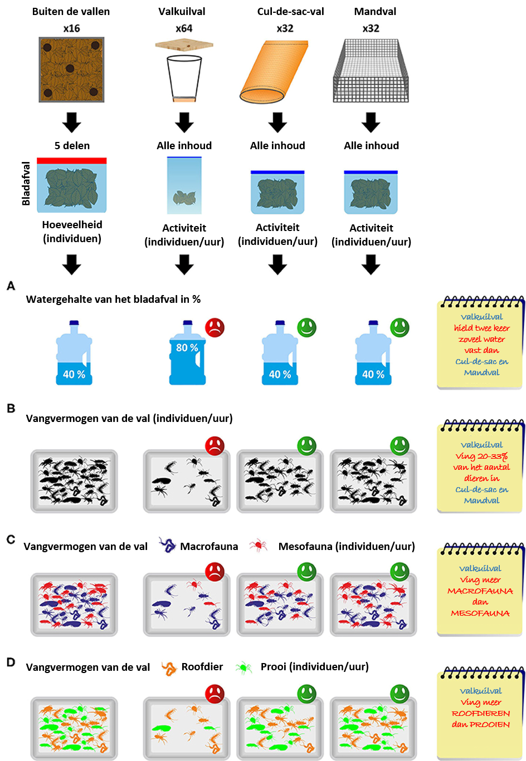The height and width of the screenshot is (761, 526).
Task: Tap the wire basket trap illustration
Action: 371,71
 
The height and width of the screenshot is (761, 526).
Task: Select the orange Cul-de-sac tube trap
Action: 274,72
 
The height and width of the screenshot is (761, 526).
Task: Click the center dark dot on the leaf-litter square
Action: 70,68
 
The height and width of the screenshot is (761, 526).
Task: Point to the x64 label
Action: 184,28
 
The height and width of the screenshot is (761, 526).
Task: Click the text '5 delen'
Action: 72,145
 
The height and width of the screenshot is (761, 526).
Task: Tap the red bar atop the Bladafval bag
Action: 72,161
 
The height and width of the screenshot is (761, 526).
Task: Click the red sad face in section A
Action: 215,327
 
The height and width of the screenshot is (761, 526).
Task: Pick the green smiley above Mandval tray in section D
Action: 400,694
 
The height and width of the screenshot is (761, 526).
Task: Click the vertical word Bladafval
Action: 26,184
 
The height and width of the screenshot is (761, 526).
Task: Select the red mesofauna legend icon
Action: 258,545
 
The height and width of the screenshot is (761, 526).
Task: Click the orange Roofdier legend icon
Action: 169,668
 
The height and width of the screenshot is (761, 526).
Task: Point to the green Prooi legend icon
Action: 244,667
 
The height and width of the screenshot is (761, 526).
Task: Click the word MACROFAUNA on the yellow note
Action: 480,591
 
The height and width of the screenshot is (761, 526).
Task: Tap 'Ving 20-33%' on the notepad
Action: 481,456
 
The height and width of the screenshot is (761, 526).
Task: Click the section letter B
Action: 11,408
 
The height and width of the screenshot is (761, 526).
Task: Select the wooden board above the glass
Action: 184,45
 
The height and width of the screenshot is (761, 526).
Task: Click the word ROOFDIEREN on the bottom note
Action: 481,714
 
